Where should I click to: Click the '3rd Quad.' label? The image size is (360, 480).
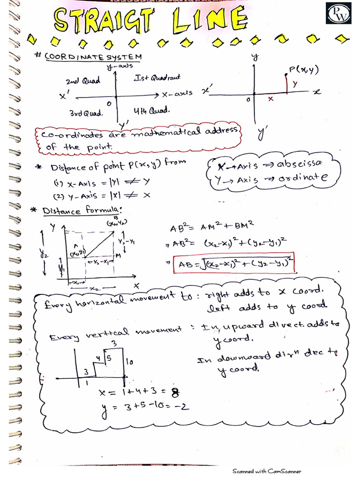(86, 113)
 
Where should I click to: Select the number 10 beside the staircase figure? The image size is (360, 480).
(129, 361)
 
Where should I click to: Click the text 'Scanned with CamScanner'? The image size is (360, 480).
(267, 471)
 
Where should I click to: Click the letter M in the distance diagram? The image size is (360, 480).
(118, 255)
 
